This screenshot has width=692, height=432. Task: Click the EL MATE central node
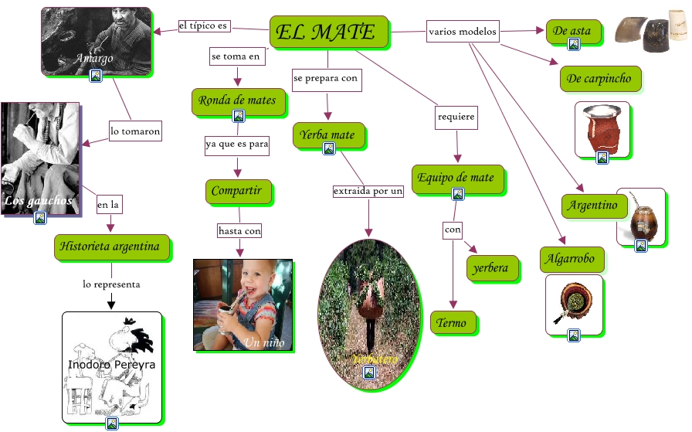[327, 32]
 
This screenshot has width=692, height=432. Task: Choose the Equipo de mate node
[456, 179]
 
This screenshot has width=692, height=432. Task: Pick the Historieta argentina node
[112, 248]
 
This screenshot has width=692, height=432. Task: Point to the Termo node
[452, 323]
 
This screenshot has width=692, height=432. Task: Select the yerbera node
[489, 268]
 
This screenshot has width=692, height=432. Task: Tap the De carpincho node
[599, 79]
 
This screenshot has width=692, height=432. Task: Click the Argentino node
[593, 206]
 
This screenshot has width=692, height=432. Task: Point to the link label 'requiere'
[456, 117]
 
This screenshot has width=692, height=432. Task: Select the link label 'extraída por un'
[368, 191]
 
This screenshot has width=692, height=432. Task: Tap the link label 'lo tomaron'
[135, 131]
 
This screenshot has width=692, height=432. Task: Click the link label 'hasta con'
[239, 230]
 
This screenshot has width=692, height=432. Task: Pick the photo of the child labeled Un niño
[243, 304]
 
